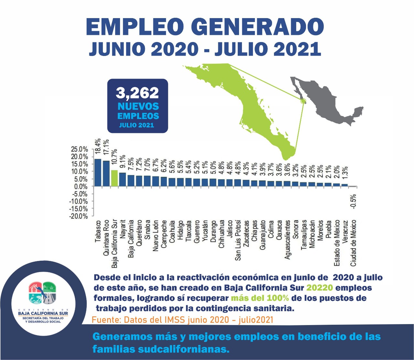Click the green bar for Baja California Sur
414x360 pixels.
(x=114, y=178)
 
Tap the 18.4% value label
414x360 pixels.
(x=98, y=147)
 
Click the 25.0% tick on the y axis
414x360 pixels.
(x=80, y=149)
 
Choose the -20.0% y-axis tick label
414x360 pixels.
(x=79, y=216)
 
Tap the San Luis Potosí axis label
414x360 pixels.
(x=238, y=240)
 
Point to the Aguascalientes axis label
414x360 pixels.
(x=288, y=240)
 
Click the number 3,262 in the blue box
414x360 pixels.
(x=137, y=93)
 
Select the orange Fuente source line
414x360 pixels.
(x=183, y=320)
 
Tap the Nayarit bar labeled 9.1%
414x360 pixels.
(x=123, y=180)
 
